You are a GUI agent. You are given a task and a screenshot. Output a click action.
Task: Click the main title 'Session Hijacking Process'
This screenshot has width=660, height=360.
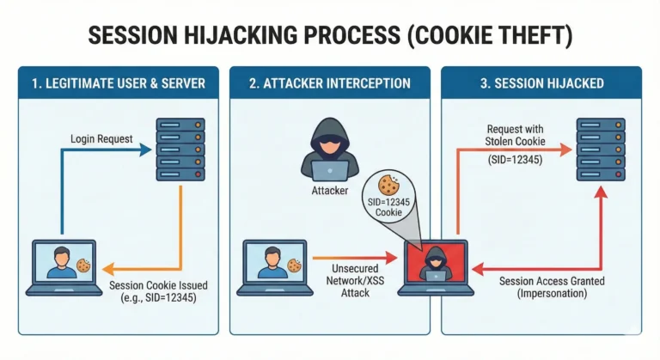click(x=329, y=37)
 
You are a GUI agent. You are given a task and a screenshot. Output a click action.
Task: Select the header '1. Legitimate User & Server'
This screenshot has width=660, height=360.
click(x=119, y=83)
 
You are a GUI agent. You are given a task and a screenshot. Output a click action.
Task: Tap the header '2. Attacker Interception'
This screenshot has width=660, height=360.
click(x=331, y=83)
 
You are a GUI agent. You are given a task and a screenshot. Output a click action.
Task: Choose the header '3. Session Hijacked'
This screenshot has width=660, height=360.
click(x=542, y=83)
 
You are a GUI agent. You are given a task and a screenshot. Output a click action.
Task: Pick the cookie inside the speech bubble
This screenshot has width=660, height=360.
click(x=388, y=184)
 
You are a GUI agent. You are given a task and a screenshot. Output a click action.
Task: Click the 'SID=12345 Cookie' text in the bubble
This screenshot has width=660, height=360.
click(x=389, y=205)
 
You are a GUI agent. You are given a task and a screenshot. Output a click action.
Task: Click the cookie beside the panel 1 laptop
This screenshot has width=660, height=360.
click(x=83, y=266)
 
